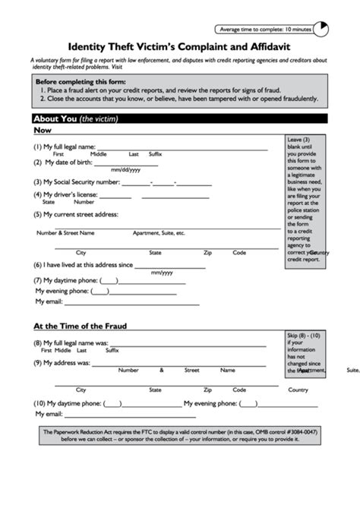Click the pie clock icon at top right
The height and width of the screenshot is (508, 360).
tap(322, 29)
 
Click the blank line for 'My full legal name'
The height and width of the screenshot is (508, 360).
tap(182, 147)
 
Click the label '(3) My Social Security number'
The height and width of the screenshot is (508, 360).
tap(76, 182)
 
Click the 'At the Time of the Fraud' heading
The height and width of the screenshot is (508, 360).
tap(80, 326)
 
